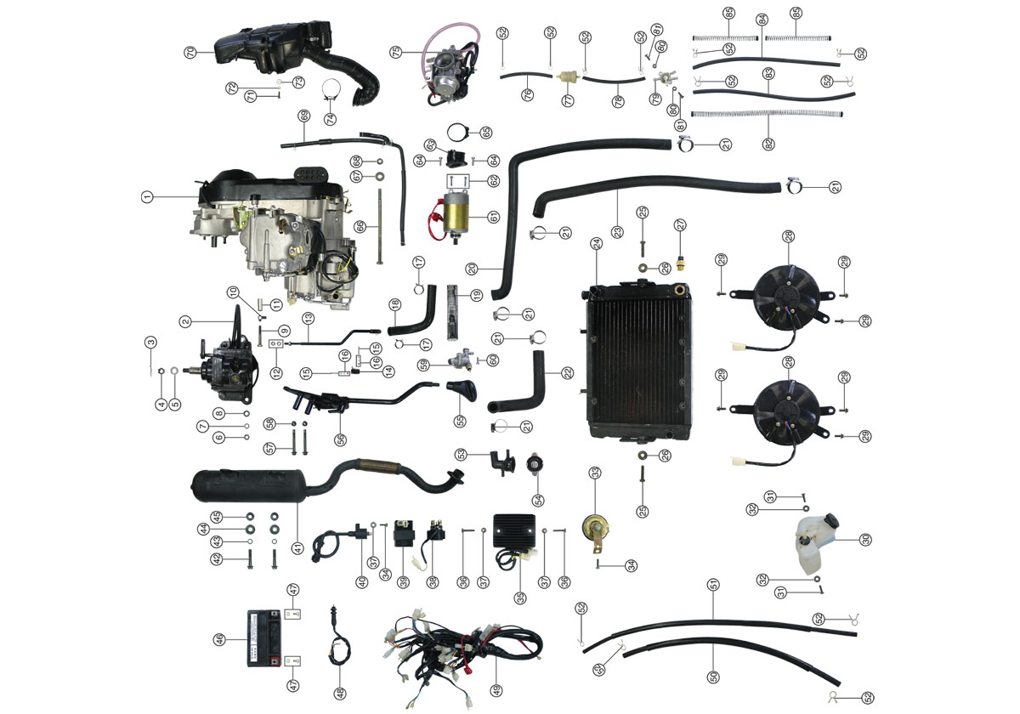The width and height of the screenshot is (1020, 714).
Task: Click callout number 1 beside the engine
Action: click(x=147, y=196)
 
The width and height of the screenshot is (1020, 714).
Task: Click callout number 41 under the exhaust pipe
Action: click(x=297, y=548)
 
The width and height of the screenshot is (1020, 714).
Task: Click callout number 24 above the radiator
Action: click(x=597, y=244)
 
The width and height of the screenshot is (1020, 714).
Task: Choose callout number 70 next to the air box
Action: click(x=190, y=53)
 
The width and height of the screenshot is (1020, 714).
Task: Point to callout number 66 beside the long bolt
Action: click(x=360, y=226)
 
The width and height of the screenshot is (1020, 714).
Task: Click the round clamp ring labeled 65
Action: click(x=458, y=133)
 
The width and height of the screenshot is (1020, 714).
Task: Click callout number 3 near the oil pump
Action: click(x=150, y=343)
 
